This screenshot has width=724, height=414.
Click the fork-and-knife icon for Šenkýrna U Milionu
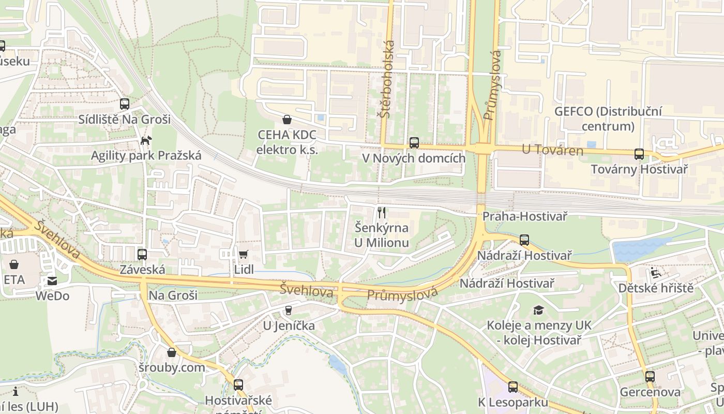[382, 212]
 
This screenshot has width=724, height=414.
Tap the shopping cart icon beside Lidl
[243, 254]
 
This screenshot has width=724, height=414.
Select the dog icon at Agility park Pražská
[146, 140]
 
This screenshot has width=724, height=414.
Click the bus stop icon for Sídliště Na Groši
[124, 104]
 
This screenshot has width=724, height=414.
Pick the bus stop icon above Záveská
[142, 255]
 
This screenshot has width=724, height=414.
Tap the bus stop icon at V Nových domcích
[414, 143]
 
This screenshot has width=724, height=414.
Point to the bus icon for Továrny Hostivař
[639, 154]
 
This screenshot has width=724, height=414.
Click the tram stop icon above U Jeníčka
[288, 310]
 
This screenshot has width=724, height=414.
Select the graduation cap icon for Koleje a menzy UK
[539, 310]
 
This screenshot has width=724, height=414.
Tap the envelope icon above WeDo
[52, 281]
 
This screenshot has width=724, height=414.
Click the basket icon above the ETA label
[14, 264]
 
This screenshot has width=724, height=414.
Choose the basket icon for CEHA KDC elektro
[287, 120]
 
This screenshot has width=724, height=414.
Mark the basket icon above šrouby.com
[172, 352]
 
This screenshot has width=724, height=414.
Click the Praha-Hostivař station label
[524, 216]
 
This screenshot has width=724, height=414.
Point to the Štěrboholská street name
[386, 79]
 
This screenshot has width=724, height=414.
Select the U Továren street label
[552, 151]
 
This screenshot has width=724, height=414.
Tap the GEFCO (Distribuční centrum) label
[608, 119]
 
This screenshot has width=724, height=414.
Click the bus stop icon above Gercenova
[650, 377]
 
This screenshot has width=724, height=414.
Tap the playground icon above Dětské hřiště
[656, 273]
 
